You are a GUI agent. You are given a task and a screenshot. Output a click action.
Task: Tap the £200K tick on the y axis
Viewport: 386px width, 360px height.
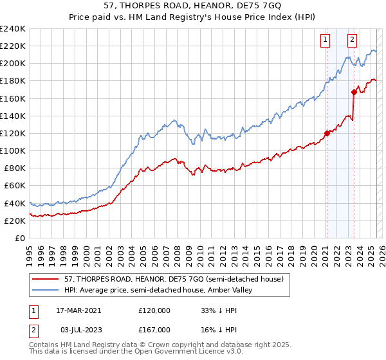pos(13,64)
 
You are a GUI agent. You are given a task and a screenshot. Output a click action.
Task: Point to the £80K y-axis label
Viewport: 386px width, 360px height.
pos(15,168)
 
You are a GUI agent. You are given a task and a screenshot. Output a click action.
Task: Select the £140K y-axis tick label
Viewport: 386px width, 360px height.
pos(13,116)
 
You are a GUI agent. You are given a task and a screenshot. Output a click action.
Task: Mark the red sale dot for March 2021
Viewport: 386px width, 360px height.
pos(327,133)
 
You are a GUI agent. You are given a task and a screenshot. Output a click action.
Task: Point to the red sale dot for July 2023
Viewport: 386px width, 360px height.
pos(353,92)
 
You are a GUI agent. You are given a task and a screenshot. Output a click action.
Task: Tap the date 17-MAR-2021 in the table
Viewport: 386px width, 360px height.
pos(78,310)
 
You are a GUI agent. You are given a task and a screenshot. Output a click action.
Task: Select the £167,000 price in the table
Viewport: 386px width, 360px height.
pos(154,330)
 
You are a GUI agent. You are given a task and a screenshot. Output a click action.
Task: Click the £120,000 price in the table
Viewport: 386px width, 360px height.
pos(154,310)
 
